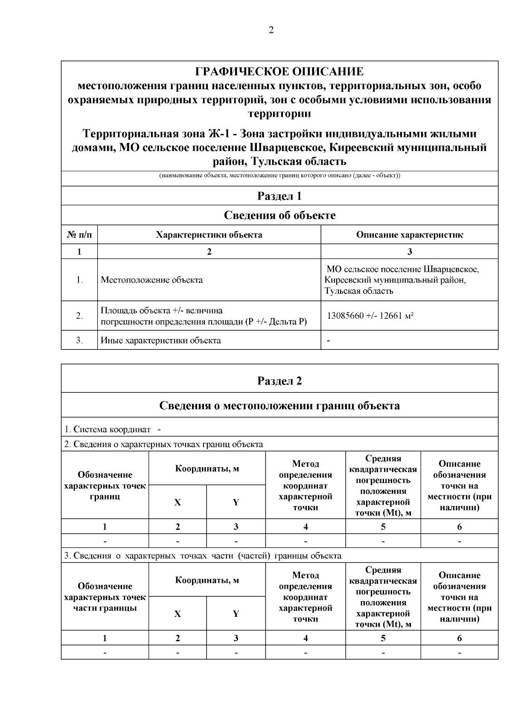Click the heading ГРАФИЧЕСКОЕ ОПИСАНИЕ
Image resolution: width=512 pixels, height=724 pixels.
(279, 71)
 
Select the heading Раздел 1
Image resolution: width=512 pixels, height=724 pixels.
(279, 196)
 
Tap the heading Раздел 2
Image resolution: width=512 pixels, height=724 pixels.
(279, 381)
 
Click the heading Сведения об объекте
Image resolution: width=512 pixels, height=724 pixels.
(279, 215)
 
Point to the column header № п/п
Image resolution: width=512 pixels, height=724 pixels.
(79, 235)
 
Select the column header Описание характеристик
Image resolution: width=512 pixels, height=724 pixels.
(409, 235)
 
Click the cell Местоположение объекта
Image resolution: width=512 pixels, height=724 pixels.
(151, 280)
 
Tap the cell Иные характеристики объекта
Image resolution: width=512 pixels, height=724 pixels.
(160, 340)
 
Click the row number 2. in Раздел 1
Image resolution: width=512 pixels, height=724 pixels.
(79, 316)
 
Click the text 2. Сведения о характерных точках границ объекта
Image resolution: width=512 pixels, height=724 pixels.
(163, 444)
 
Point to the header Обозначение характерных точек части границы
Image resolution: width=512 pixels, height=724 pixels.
(105, 597)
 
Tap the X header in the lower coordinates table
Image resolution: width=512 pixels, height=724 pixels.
(177, 614)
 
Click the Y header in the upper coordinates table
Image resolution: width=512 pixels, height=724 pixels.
(236, 502)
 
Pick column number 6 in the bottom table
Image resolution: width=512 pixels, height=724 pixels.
(460, 638)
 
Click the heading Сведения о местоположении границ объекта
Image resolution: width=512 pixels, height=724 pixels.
(279, 405)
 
